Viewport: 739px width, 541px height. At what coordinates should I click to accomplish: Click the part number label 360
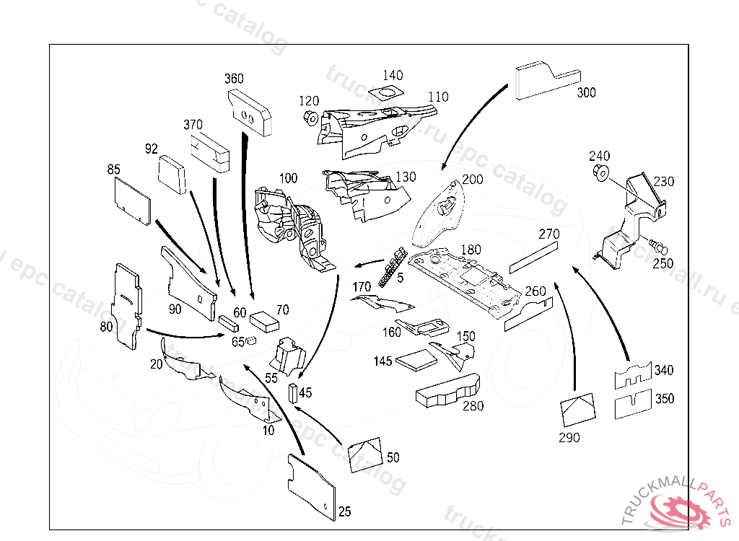pyautogui.click(x=234, y=79)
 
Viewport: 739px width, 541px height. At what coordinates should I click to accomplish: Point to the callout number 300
pyautogui.click(x=586, y=93)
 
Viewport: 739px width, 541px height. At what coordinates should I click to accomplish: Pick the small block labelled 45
pyautogui.click(x=293, y=392)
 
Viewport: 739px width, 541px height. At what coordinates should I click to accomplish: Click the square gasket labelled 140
pyautogui.click(x=384, y=93)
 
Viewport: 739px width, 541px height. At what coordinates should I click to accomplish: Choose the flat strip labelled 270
pyautogui.click(x=533, y=256)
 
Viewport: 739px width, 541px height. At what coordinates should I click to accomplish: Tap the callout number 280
pyautogui.click(x=473, y=406)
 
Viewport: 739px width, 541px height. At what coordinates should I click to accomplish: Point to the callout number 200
pyautogui.click(x=473, y=180)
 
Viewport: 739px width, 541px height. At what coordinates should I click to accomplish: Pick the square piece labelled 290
pyautogui.click(x=577, y=409)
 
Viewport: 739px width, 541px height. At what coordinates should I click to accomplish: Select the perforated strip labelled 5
pyautogui.click(x=395, y=265)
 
